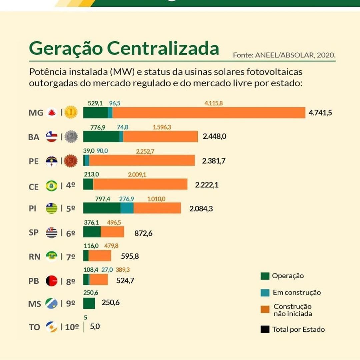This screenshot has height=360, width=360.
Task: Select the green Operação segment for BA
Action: [x=101, y=137]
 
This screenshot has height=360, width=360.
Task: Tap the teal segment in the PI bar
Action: [x=127, y=208]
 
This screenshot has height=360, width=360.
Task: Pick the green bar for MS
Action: [x=89, y=303]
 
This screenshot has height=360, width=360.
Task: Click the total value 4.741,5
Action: [x=320, y=113]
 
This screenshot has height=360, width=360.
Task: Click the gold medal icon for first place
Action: [x=71, y=113]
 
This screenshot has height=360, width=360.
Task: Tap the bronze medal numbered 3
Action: [x=71, y=161]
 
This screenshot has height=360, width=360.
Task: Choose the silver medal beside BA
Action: [x=71, y=137]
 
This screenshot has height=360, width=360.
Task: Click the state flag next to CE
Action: [x=52, y=185]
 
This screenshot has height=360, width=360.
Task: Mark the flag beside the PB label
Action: [x=52, y=281]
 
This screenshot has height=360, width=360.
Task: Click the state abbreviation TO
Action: [x=34, y=327]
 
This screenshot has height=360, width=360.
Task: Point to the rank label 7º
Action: [x=70, y=257]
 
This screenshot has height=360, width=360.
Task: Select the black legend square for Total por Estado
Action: [x=265, y=329]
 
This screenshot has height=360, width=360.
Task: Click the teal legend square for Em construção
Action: [x=265, y=292]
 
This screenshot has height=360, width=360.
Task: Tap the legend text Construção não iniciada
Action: [x=293, y=310]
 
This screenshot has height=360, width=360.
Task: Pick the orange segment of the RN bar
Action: [x=100, y=256]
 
